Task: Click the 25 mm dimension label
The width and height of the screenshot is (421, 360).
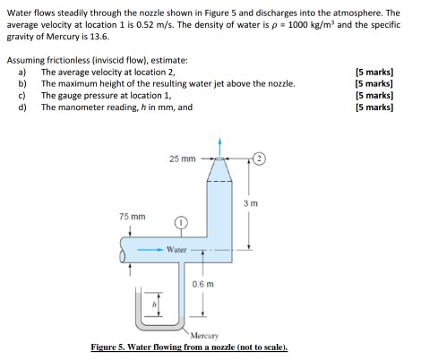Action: tap(182, 159)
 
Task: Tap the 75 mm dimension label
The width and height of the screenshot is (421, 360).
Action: tap(132, 217)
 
